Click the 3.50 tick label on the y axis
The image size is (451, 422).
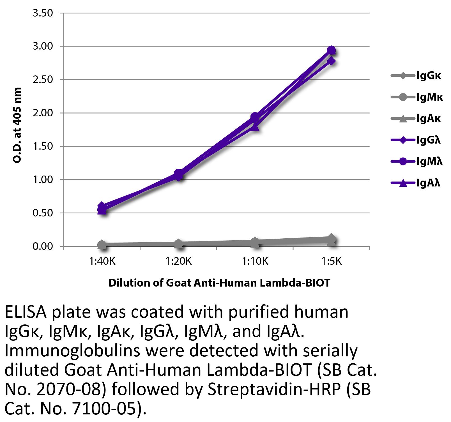coord(43,13)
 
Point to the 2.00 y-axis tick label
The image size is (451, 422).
coord(43,113)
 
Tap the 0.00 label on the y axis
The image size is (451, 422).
coord(43,246)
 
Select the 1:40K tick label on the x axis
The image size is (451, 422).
coord(102,261)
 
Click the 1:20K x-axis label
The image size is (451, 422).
coord(178,261)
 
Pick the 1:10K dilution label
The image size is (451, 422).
coord(255,261)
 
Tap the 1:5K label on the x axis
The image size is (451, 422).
coord(331,261)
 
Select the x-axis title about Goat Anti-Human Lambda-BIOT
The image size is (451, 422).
coord(219,283)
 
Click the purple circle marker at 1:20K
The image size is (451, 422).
coord(178,173)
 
